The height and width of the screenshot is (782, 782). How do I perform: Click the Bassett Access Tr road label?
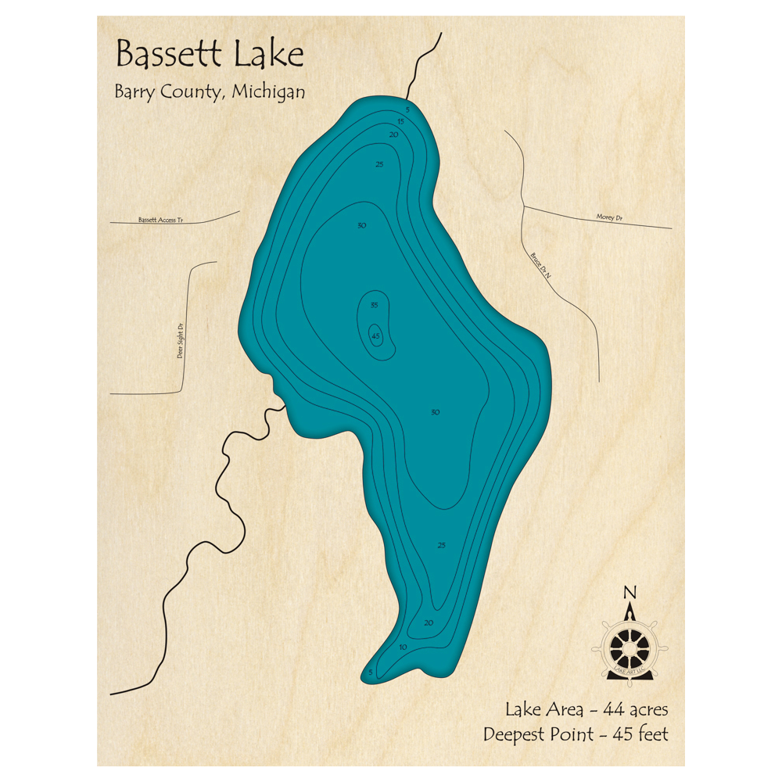pyautogui.click(x=160, y=221)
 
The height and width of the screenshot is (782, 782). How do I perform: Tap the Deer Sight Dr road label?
pyautogui.click(x=181, y=341)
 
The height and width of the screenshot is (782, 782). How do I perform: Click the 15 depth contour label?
pyautogui.click(x=400, y=121)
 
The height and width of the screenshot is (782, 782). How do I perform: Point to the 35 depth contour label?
pyautogui.click(x=375, y=305)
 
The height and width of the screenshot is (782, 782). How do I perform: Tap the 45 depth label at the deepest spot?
pyautogui.click(x=375, y=336)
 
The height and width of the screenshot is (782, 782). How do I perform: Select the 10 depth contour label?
pyautogui.click(x=403, y=647)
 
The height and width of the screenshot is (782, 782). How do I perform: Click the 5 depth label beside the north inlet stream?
pyautogui.click(x=407, y=109)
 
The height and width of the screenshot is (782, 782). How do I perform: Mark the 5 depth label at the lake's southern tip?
pyautogui.click(x=371, y=672)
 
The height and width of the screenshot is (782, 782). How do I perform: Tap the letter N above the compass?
pyautogui.click(x=630, y=591)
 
